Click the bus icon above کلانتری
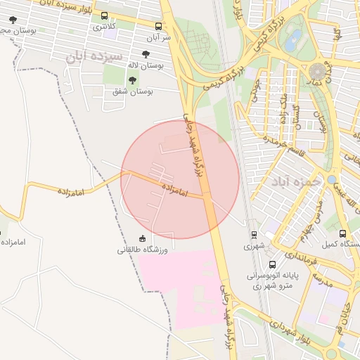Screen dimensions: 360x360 (105, 15)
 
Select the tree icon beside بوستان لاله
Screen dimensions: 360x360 (146, 54)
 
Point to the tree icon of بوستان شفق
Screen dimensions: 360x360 (132, 80)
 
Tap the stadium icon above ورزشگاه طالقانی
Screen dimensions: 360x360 (142, 238)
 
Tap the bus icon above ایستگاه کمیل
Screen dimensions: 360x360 (342, 233)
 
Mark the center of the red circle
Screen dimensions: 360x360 (180, 179)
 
